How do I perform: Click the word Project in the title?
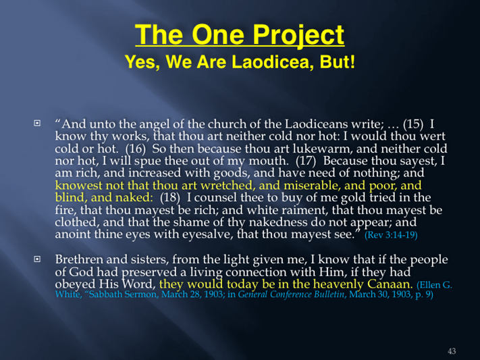[298, 35]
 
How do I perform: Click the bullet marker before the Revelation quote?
[37, 123]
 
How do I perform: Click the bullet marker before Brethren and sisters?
[37, 259]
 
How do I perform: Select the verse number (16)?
[135, 149]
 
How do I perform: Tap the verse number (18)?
[170, 198]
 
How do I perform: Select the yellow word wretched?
[226, 185]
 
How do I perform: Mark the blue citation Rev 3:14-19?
[391, 235]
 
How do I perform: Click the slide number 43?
[452, 351]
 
